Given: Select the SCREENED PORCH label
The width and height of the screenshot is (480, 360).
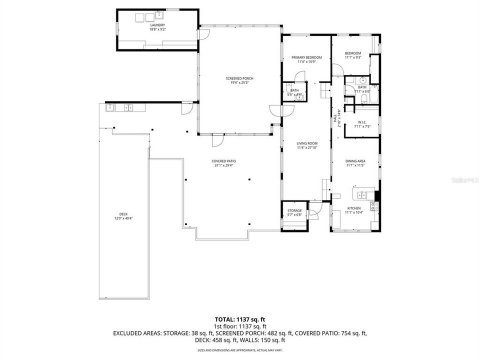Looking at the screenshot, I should [239, 78].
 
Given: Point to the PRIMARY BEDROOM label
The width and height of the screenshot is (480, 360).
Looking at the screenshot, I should [306, 57].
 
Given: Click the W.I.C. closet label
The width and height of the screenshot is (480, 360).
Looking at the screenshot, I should [363, 122].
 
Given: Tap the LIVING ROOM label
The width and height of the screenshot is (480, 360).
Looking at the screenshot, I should [307, 143].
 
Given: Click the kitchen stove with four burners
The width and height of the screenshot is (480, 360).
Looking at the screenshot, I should [373, 205].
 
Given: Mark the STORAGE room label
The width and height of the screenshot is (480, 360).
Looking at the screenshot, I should [294, 210].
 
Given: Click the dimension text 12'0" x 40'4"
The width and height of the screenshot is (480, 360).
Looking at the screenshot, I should [123, 218].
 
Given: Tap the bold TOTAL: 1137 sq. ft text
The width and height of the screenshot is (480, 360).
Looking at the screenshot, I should [239, 318].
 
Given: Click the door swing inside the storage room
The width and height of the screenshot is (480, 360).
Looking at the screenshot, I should [313, 214].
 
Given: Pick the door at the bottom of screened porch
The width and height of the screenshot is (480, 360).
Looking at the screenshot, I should [217, 142].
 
